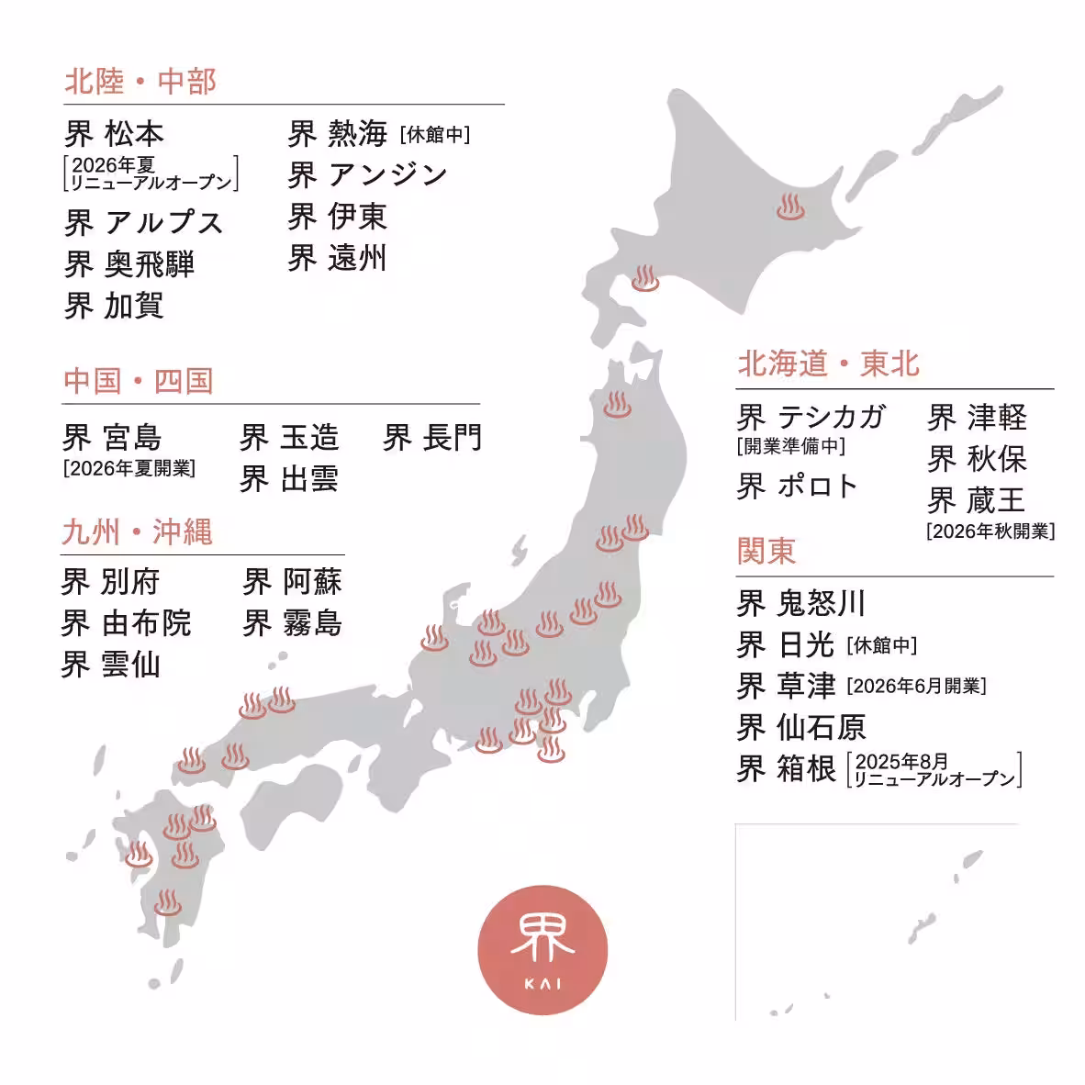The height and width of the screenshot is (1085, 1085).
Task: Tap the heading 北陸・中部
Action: [x=140, y=82]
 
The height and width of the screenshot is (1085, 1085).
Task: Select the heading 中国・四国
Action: [x=139, y=381]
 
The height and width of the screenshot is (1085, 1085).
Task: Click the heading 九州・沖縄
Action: [x=138, y=532]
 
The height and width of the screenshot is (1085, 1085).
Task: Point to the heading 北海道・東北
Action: [x=828, y=364]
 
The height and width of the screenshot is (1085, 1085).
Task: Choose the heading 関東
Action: [x=766, y=551]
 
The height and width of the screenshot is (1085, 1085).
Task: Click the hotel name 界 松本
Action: [x=115, y=134]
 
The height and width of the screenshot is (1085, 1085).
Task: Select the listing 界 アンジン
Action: [x=367, y=174]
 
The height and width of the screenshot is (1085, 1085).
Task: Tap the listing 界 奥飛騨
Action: [x=129, y=264]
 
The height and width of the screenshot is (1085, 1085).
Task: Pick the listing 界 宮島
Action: [x=112, y=437]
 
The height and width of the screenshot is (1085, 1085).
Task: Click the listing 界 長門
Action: [x=432, y=438]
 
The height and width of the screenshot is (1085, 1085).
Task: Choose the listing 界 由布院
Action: [x=126, y=622]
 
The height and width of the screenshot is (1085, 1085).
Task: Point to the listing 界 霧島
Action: [x=292, y=622]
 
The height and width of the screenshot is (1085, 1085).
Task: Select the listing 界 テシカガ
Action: [x=811, y=418]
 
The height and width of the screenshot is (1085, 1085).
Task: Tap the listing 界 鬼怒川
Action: [x=801, y=603]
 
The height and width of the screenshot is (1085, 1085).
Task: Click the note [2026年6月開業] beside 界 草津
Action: [x=915, y=686]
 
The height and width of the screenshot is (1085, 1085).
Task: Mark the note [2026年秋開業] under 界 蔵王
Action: [x=990, y=531]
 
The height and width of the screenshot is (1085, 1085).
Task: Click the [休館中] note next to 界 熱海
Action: [x=435, y=135]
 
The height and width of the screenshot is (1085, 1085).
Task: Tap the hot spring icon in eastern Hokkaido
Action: [x=789, y=207]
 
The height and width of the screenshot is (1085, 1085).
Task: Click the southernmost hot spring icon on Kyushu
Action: [x=167, y=903]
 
